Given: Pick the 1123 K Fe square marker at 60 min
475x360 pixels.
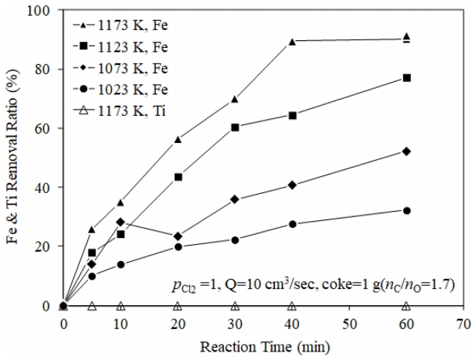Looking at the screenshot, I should [406, 78].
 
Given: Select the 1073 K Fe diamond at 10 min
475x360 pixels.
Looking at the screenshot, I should [120, 222].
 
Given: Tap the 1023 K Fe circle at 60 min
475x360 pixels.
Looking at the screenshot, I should [406, 210].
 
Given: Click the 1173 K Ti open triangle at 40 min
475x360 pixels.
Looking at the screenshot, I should [292, 306].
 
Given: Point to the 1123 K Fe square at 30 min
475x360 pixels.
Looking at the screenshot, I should [235, 127].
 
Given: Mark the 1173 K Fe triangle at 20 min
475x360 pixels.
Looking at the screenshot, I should [178, 139].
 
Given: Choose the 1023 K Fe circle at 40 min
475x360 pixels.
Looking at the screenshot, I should [292, 224].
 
